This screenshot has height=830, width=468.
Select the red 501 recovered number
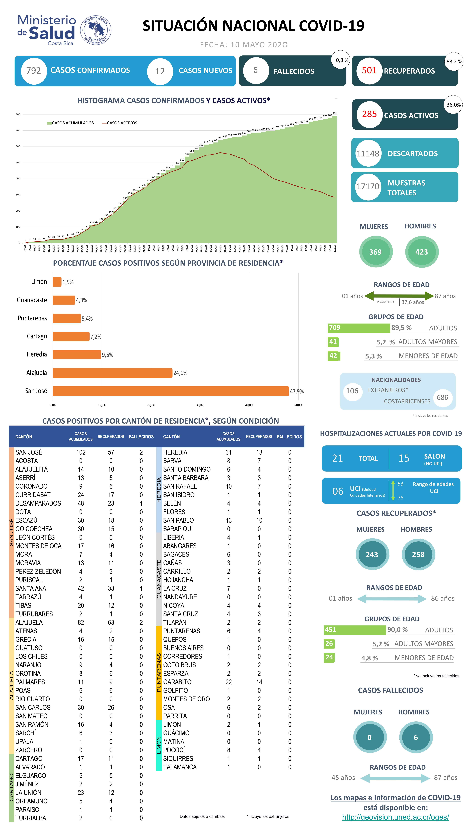point(369,71)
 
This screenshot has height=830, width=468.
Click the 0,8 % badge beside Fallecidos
point(342,60)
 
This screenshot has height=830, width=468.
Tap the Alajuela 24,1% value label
point(180,373)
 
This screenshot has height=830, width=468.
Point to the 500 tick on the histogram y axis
point(18,162)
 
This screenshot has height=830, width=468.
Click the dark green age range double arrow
point(399,296)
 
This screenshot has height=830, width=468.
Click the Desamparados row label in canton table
point(38,503)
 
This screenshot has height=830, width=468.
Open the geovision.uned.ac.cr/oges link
point(395,817)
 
